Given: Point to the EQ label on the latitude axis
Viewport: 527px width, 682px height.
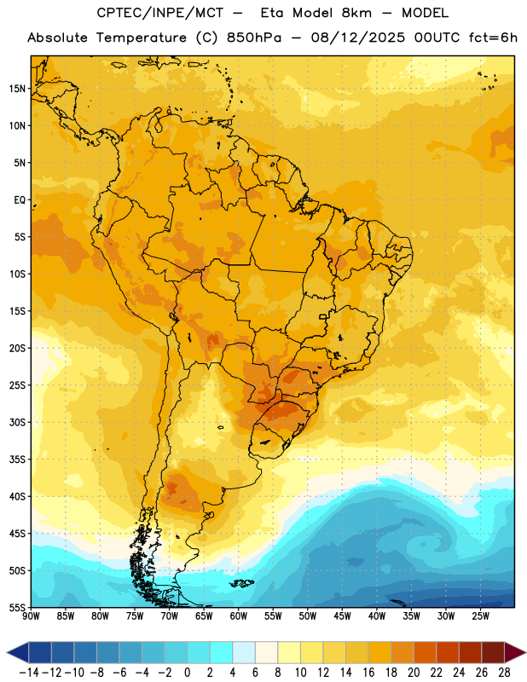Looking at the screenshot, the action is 20,200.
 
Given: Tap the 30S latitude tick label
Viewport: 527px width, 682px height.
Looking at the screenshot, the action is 18,423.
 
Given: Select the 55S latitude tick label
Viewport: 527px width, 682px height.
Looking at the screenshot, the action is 18,608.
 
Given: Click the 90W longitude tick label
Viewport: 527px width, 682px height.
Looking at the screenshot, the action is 31,616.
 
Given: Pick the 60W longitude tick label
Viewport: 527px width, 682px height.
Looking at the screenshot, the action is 239,616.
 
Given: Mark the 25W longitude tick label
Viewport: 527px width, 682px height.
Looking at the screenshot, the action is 480,616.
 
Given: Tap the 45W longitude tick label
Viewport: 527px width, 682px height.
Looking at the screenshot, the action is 342,616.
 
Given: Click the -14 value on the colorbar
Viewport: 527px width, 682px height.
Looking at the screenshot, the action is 29,673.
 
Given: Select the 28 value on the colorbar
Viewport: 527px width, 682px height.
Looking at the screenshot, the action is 504,673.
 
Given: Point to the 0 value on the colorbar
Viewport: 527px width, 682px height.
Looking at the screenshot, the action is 187,673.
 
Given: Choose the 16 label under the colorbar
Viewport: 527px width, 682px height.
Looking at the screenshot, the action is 368,673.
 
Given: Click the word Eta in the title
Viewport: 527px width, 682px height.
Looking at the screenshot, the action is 272,13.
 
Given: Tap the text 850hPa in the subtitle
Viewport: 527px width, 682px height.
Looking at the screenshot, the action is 254,38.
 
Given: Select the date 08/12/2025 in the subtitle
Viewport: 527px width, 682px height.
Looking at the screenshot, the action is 357,38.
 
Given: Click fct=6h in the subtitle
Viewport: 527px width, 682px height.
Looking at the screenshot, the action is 493,38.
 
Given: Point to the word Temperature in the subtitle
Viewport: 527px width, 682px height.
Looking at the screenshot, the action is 142,38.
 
